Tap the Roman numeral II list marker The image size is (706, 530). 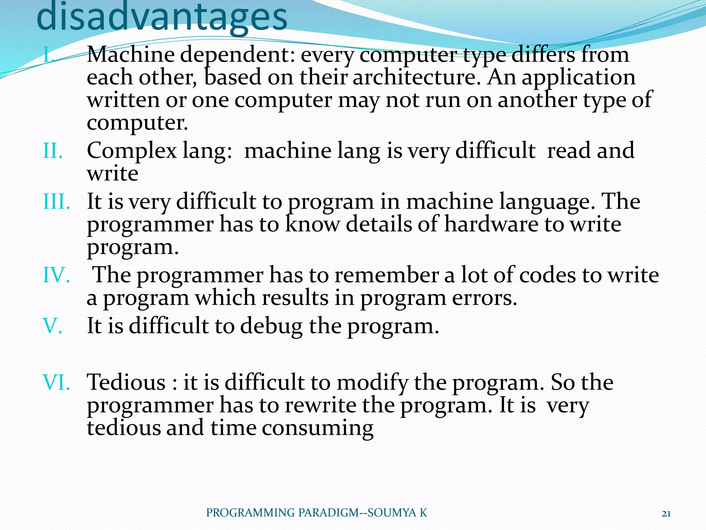click(53, 151)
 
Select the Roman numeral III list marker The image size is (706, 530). click(57, 202)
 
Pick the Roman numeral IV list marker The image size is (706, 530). click(56, 275)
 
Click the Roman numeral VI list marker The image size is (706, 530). click(56, 382)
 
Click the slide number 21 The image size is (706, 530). click(666, 513)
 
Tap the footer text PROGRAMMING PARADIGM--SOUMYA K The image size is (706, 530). click(316, 513)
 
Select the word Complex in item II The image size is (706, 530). click(132, 151)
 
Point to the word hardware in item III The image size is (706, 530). click(491, 224)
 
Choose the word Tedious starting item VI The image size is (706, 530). click(126, 382)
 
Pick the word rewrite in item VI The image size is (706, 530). click(320, 405)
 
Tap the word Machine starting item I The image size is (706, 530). click(131, 55)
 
